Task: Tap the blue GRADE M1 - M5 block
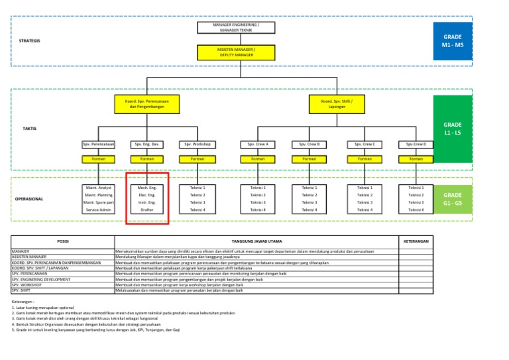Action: click(x=457, y=40)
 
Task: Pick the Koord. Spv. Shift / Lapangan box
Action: click(x=337, y=105)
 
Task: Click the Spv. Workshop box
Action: click(x=198, y=144)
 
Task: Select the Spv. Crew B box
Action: click(x=309, y=144)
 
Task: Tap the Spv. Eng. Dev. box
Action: click(x=147, y=144)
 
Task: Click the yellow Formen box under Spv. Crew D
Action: click(x=416, y=159)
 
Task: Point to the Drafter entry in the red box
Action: click(x=147, y=210)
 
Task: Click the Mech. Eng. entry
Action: click(x=147, y=188)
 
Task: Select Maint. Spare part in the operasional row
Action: click(x=99, y=202)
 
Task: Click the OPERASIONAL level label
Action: click(x=29, y=199)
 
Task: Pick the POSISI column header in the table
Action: click(x=63, y=241)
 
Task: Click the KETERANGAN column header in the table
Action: click(x=416, y=241)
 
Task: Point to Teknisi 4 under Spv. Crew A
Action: click(x=257, y=210)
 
